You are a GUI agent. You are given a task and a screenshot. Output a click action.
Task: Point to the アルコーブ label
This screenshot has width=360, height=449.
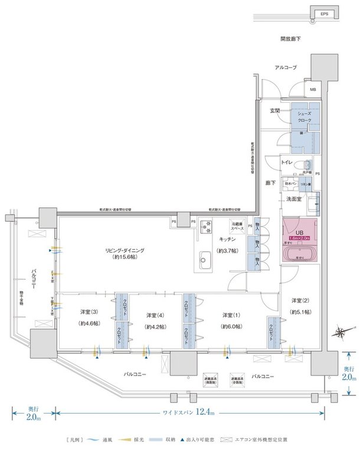click(286, 68)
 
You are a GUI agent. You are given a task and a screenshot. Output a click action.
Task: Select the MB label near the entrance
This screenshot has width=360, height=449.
click(313, 90)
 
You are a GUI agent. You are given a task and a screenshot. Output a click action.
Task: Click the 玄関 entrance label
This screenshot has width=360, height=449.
click(274, 111)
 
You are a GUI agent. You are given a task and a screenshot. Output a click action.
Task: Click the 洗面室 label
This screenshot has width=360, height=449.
click(294, 199)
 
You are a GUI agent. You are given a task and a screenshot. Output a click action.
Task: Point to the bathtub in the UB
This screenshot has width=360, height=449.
click(300, 254)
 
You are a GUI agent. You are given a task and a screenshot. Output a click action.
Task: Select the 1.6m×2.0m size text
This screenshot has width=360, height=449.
click(300, 238)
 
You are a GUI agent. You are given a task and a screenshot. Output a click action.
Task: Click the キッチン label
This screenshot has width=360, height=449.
click(228, 240)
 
